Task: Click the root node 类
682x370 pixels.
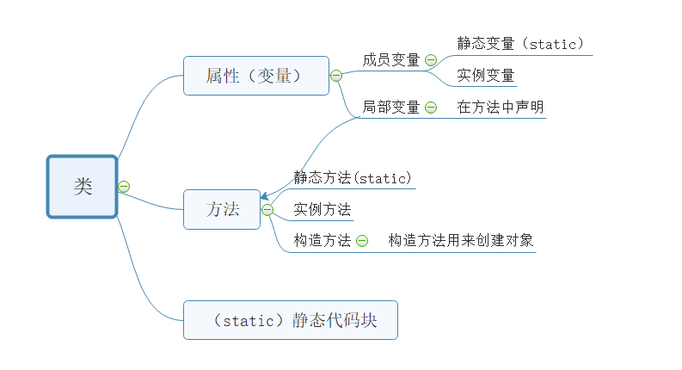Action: (x=82, y=187)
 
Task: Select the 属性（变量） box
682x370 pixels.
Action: (x=255, y=76)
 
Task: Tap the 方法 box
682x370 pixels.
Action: (x=222, y=209)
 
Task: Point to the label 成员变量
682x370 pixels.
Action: (x=391, y=59)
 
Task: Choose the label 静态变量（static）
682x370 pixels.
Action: (x=521, y=43)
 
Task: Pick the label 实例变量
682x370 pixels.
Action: (x=486, y=75)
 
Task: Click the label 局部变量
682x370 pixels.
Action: (x=391, y=107)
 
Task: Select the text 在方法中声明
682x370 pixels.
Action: (x=501, y=107)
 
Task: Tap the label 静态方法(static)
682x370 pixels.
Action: (x=353, y=177)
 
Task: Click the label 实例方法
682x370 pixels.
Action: (x=323, y=209)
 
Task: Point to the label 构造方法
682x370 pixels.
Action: (x=323, y=240)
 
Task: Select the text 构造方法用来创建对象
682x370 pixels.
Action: (x=461, y=240)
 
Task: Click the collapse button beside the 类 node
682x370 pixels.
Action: (x=124, y=186)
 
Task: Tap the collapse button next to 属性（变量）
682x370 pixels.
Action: (x=336, y=76)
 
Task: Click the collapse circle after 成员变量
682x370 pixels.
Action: (x=431, y=60)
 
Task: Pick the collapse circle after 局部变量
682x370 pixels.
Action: (x=431, y=108)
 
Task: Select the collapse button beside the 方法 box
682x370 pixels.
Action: (x=267, y=209)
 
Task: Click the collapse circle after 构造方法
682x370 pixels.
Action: (x=362, y=241)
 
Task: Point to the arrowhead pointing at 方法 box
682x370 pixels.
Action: (x=264, y=197)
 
